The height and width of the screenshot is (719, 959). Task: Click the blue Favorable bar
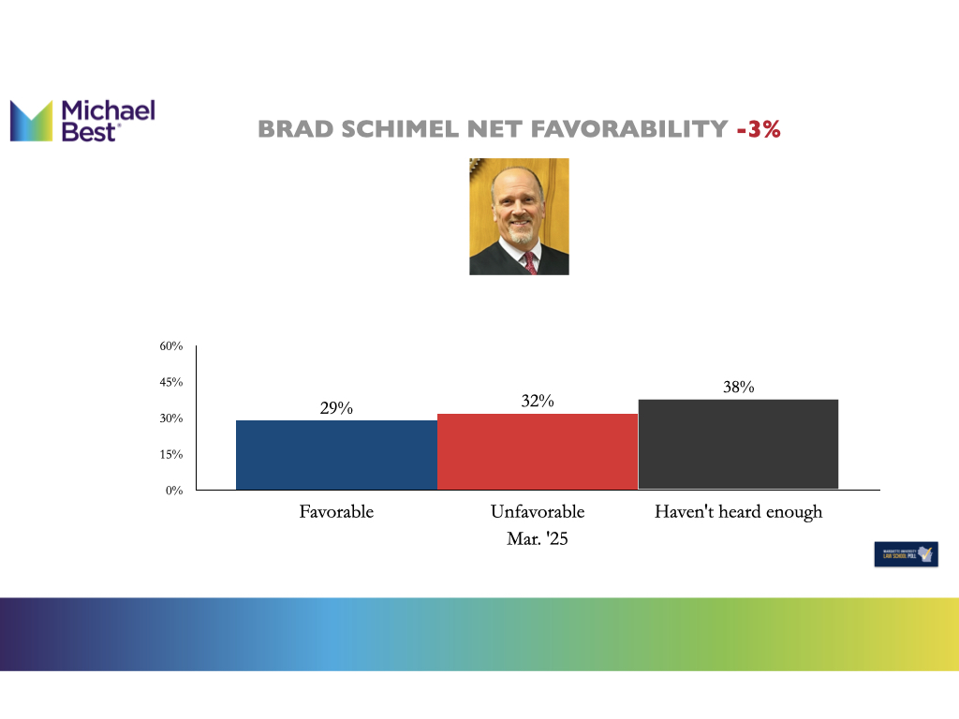tap(336, 454)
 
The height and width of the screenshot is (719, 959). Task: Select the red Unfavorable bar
tap(538, 450)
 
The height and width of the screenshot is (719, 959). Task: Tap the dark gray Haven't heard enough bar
tap(738, 444)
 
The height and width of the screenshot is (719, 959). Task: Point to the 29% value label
tap(336, 408)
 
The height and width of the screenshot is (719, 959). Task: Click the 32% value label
tap(538, 401)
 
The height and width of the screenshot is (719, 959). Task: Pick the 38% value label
tap(739, 387)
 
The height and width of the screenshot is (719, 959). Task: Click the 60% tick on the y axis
tap(170, 346)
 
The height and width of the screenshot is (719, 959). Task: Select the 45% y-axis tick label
tap(170, 382)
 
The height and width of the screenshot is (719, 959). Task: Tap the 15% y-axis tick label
tap(170, 454)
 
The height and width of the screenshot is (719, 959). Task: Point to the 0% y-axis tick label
tap(174, 491)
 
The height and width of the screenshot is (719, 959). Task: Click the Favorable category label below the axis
tap(336, 512)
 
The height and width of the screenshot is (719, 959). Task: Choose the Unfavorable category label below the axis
tap(538, 512)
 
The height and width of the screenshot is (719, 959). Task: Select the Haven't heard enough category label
tap(738, 512)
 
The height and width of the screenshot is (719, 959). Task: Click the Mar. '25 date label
tap(538, 539)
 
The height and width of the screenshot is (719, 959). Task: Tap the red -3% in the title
tap(759, 130)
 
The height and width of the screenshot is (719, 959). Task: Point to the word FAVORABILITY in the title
tap(633, 130)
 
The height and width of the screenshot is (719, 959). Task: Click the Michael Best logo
tap(81, 122)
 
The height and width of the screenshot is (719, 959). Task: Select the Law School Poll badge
tap(906, 554)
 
